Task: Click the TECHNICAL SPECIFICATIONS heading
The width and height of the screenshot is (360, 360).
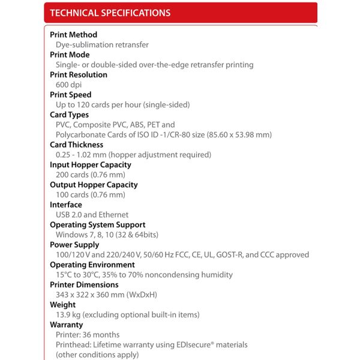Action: point(110,13)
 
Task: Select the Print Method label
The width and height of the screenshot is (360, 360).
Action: point(73,35)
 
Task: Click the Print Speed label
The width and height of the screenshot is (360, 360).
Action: point(71,95)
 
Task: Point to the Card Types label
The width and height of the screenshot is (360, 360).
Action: point(69,115)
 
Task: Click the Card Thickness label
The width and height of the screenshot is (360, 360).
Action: point(76,145)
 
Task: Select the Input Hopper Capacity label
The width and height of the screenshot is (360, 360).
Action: point(90,164)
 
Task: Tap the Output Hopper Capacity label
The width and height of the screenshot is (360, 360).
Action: point(94,185)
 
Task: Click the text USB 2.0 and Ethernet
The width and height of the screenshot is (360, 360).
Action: point(92,215)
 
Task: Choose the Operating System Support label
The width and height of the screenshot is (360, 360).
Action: point(97,225)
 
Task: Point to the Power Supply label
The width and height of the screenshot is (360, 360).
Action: point(74,245)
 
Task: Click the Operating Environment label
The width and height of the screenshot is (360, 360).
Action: point(92,265)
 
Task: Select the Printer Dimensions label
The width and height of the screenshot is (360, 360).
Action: point(84,284)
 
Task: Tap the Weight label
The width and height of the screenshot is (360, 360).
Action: point(62,305)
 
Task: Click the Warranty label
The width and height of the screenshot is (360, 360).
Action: point(66,325)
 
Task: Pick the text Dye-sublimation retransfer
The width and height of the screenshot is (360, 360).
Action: point(102,45)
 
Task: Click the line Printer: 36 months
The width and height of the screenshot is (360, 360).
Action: point(88,335)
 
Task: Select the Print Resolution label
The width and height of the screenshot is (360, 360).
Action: point(79,75)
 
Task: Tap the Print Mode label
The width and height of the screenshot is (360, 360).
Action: point(70,55)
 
